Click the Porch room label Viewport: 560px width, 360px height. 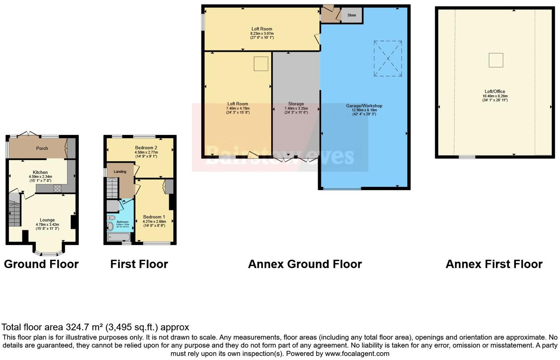click(42, 148)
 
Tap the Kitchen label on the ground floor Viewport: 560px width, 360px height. click(40, 172)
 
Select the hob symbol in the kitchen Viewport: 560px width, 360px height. click(57, 189)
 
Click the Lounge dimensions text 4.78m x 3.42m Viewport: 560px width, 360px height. click(47, 224)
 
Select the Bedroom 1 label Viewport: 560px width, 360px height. click(154, 217)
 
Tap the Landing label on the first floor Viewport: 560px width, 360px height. click(120, 172)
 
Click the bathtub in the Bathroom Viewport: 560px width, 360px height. click(119, 237)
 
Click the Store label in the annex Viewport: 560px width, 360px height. click(351, 15)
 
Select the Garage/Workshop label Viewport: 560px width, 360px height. click(364, 106)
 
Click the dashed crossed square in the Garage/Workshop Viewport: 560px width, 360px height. click(388, 59)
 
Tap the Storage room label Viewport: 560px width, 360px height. click(296, 104)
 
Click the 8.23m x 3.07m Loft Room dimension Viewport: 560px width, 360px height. click(262, 34)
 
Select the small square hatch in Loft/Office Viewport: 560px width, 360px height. click(496, 60)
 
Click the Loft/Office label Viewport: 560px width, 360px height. click(495, 91)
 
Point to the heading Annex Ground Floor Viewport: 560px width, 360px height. click(305, 264)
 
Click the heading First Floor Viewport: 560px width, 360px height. click(139, 264)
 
